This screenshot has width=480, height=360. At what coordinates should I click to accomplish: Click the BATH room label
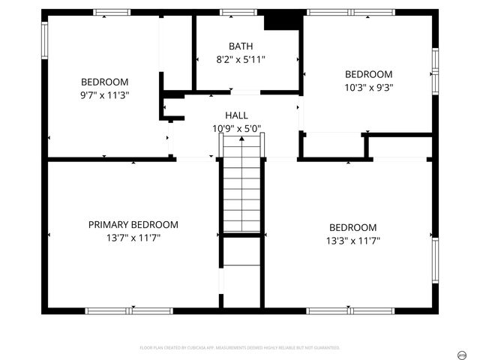241,46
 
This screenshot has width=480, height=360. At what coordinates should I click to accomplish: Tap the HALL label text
237,115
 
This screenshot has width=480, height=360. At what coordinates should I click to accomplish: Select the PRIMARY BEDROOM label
133,224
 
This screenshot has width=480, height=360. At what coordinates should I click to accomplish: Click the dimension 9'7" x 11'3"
105,95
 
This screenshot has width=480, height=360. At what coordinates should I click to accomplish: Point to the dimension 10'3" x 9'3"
368,87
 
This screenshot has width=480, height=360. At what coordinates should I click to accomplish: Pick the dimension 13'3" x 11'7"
352,241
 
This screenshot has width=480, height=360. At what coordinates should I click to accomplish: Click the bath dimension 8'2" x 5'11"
241,59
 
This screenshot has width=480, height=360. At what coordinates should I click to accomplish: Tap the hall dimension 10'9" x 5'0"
236,128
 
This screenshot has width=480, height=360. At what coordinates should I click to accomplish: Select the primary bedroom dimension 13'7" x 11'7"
133,238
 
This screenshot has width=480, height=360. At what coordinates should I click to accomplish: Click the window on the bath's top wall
238,12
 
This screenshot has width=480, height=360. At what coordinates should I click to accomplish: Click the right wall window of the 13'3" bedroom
435,260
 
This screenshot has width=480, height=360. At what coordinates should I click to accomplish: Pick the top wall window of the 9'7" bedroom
112,12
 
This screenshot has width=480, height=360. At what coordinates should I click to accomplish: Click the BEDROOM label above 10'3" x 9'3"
368,74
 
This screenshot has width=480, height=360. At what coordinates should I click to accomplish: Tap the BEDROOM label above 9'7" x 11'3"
105,82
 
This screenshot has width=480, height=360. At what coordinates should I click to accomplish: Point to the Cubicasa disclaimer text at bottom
240,348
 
